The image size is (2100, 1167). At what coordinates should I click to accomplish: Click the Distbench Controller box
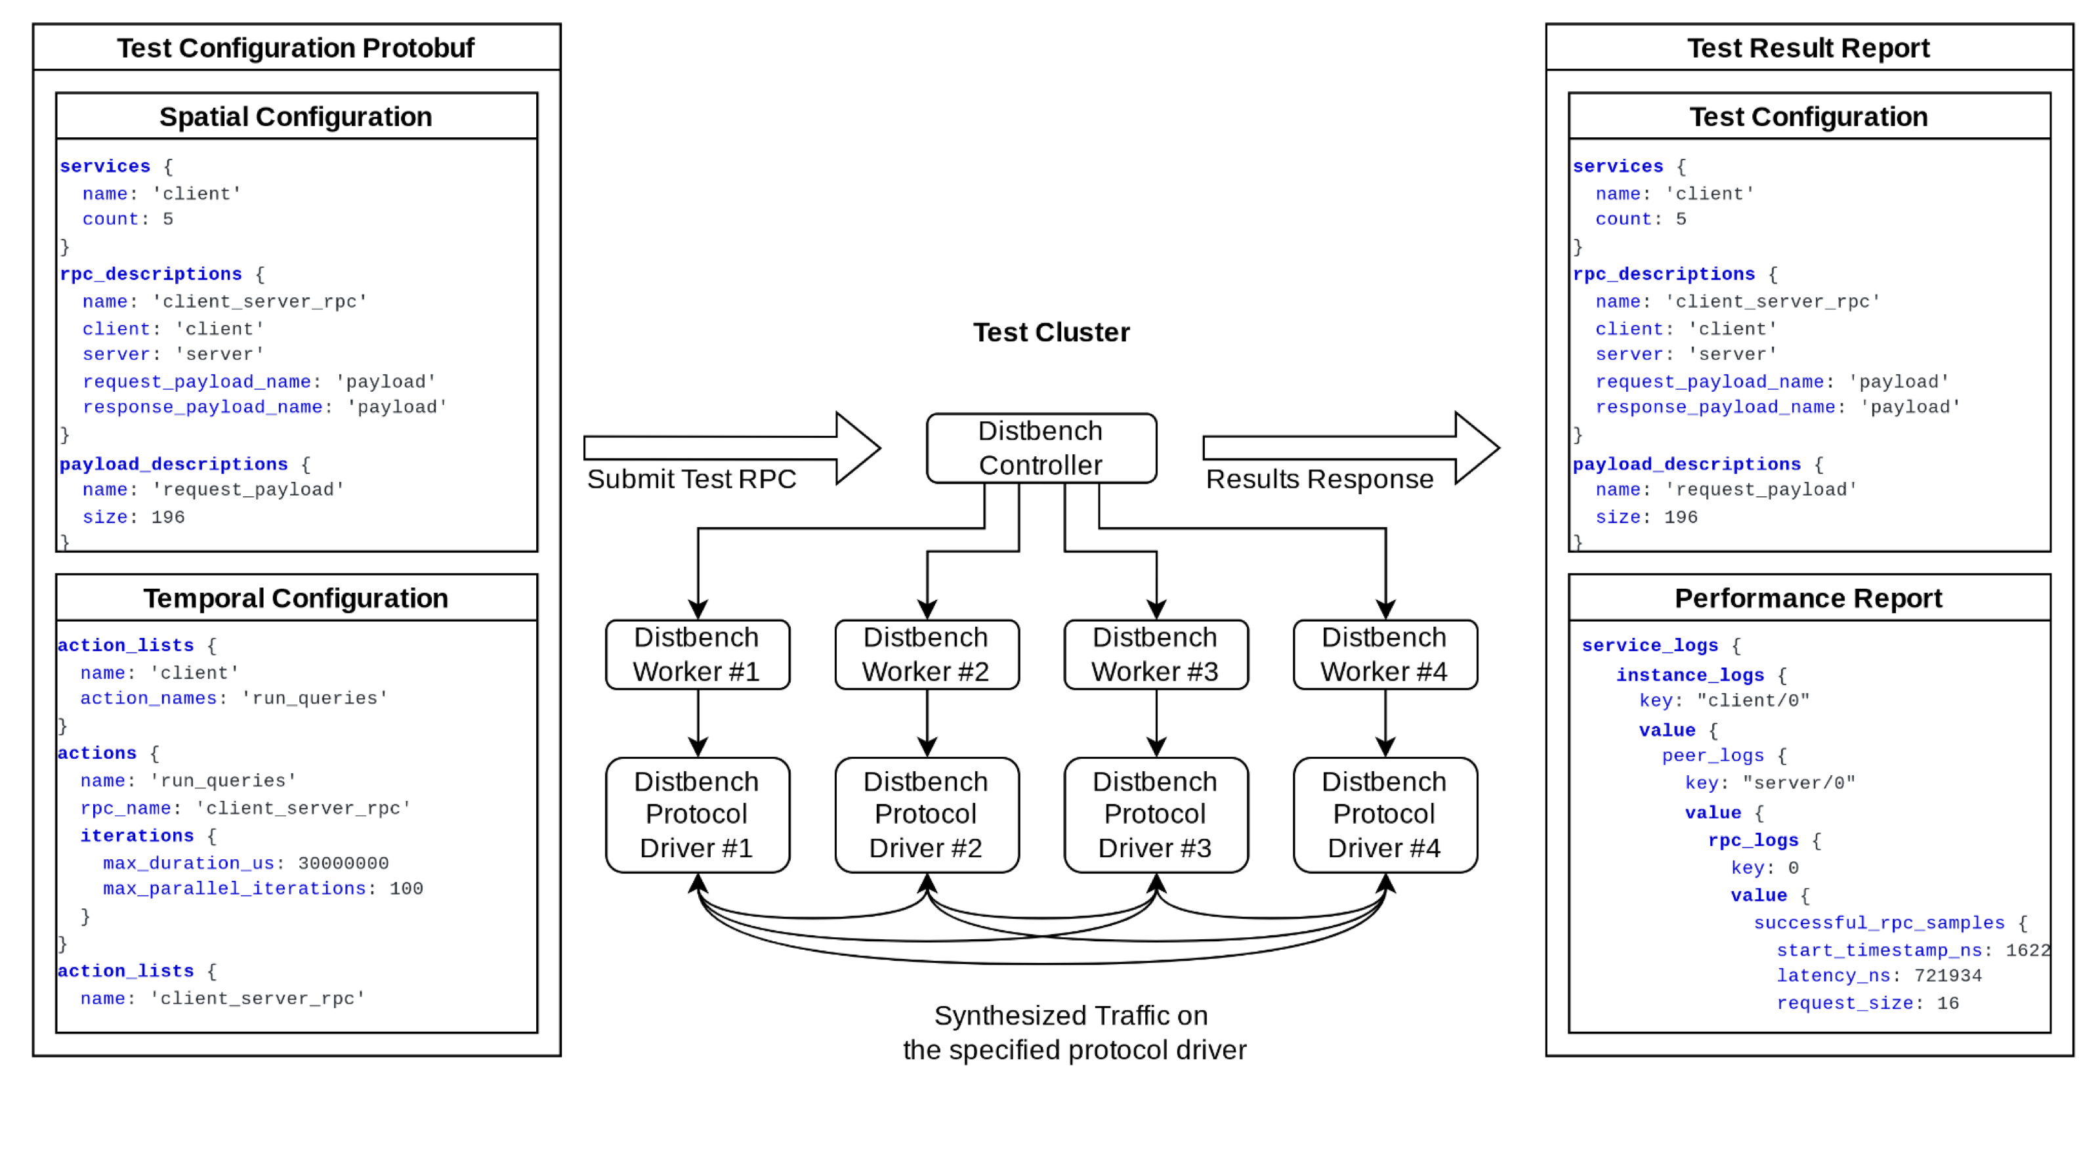pyautogui.click(x=1041, y=448)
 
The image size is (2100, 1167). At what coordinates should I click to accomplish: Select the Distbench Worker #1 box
pyautogui.click(x=697, y=654)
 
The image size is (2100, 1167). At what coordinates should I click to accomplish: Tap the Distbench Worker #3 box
pyautogui.click(x=1156, y=654)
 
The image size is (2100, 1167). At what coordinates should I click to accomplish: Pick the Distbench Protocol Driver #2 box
pyautogui.click(x=927, y=814)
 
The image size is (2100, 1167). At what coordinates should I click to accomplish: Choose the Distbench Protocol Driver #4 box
pyautogui.click(x=1385, y=814)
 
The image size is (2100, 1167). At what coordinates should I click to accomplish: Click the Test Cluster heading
pyautogui.click(x=1051, y=332)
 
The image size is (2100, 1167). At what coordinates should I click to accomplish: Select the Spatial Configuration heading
pyautogui.click(x=295, y=117)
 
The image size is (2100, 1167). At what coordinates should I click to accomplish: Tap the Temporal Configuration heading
pyautogui.click(x=295, y=598)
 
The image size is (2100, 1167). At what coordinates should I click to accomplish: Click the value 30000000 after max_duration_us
pyautogui.click(x=343, y=863)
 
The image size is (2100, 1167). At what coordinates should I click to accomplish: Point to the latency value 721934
pyautogui.click(x=1948, y=975)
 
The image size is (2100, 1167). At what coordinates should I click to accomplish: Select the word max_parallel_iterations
pyautogui.click(x=234, y=889)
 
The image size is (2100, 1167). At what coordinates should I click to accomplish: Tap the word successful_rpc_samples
pyautogui.click(x=1879, y=923)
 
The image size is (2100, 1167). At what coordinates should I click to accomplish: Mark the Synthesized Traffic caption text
pyautogui.click(x=1074, y=1032)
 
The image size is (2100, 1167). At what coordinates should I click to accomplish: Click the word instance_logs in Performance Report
pyautogui.click(x=1690, y=675)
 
